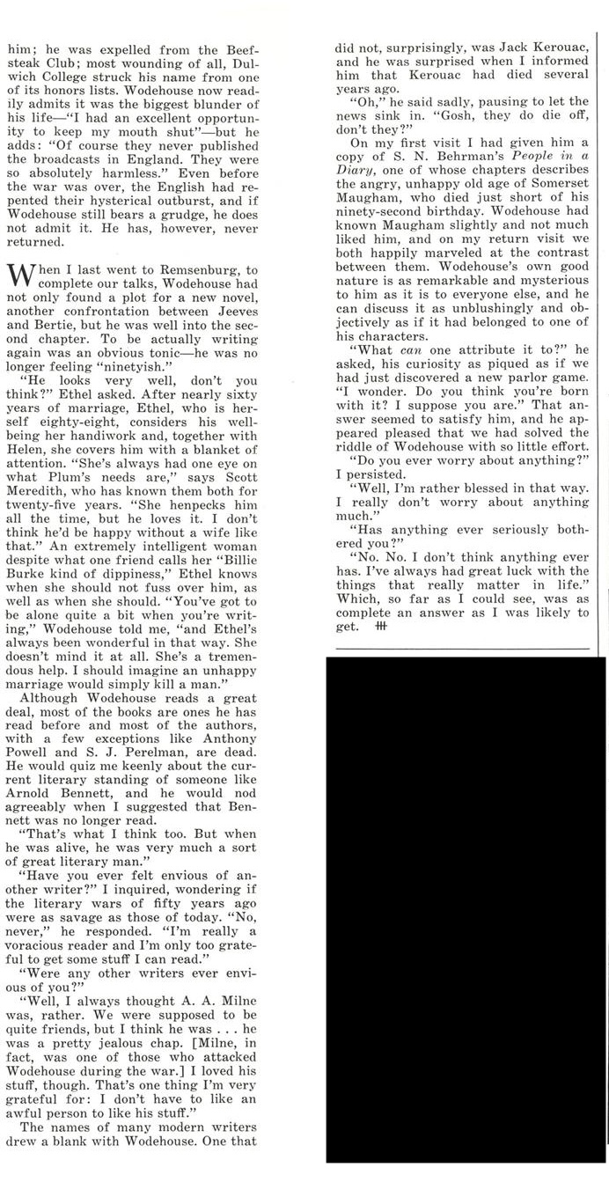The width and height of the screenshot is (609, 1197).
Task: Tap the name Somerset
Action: click(x=558, y=189)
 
